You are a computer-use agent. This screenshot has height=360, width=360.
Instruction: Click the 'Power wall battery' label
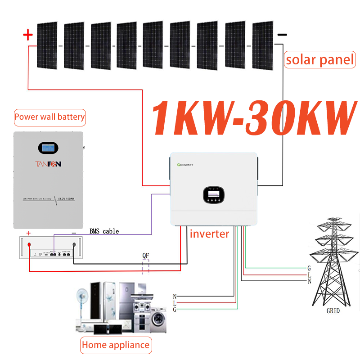point(49,117)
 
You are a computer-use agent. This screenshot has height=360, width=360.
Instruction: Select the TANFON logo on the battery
point(49,164)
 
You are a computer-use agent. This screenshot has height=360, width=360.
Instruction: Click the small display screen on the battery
point(49,148)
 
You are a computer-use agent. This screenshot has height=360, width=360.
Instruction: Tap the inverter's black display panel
point(213,194)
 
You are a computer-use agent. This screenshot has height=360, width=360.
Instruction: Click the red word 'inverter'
point(209,234)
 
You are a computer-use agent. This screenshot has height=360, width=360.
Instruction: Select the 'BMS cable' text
point(104,231)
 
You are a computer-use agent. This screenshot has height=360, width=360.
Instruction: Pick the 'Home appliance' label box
point(116,345)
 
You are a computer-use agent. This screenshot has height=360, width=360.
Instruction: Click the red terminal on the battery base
point(29,245)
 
